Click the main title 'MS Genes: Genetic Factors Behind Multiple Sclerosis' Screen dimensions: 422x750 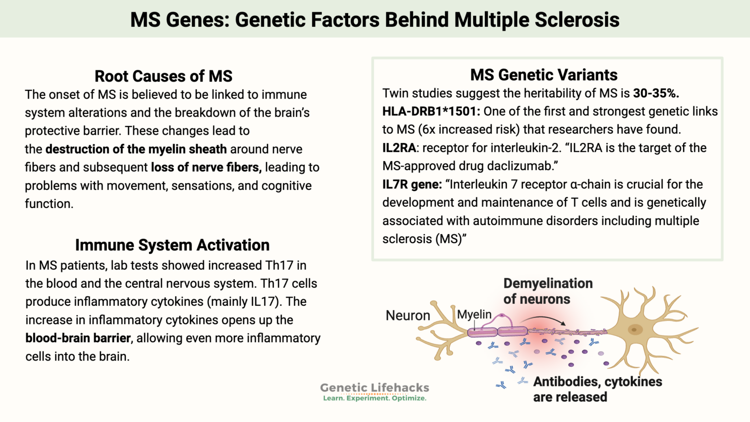coord(375,20)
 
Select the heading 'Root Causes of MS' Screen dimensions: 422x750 coord(164,76)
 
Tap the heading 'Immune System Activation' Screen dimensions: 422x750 coord(172,245)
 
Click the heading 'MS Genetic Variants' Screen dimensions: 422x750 coord(544,75)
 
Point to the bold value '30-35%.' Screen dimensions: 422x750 coord(656,93)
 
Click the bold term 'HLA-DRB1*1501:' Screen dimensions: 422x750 coord(431,111)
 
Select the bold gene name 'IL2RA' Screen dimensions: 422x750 coord(399,148)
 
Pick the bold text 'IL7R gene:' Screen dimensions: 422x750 coord(412,185)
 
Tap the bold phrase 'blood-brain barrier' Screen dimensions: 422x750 coord(78,338)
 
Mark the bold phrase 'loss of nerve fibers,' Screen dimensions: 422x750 coord(206,167)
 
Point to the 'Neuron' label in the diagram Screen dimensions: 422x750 coord(408,316)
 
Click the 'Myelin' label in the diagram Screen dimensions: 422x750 coord(474,314)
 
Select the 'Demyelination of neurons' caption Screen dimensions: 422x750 coord(548,291)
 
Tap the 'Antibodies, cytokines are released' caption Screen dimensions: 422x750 coord(597,389)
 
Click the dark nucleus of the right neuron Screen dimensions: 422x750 coord(635,330)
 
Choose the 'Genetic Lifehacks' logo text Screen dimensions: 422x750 coord(375,387)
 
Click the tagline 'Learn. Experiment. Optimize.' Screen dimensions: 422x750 coord(375,398)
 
